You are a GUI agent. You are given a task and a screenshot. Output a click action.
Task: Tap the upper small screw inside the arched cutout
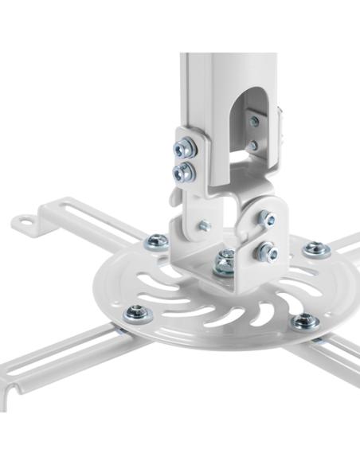pos(254,121)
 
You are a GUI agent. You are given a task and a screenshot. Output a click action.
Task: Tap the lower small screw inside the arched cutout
pos(253,147)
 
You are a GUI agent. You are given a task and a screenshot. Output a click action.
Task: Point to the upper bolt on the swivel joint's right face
pos(266,217)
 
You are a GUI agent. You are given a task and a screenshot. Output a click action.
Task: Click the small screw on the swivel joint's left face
pos(204,226)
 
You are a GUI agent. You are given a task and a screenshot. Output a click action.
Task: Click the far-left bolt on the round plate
pos(157,240)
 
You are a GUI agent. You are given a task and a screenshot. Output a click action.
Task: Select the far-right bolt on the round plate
pos(318,248)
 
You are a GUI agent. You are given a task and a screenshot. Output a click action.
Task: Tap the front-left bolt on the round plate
pos(138,313)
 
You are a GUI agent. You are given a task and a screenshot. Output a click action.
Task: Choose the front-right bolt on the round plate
pos(303,322)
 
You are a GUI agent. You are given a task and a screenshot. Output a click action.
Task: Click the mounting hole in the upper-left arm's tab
pos(29,221)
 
